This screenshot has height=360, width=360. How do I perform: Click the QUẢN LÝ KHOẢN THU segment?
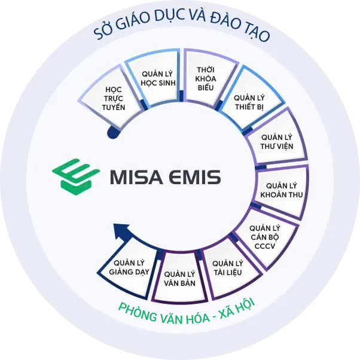[282, 190]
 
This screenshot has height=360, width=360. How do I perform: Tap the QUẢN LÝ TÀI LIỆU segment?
[227, 268]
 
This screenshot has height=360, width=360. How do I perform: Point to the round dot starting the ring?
[111, 133]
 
